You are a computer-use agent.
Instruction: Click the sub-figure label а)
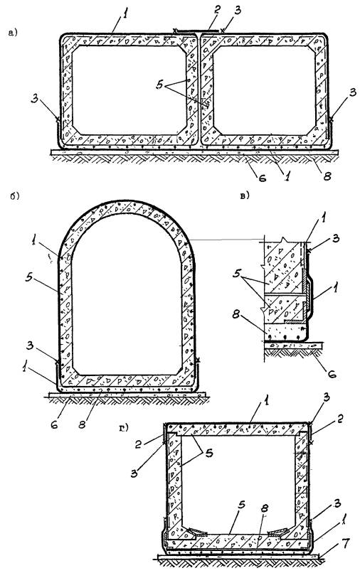pyautogui.click(x=12, y=33)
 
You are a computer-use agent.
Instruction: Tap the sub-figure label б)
pyautogui.click(x=15, y=196)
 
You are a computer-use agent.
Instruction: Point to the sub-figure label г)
pyautogui.click(x=124, y=427)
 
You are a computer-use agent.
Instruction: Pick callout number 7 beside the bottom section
pyautogui.click(x=346, y=543)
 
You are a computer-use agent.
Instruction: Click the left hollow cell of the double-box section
pyautogui.click(x=129, y=90)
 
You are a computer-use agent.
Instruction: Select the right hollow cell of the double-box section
pyautogui.click(x=264, y=90)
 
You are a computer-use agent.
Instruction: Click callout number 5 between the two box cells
pyautogui.click(x=159, y=85)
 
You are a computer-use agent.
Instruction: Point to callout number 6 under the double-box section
pyautogui.click(x=263, y=178)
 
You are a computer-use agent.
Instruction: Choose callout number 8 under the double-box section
pyautogui.click(x=327, y=176)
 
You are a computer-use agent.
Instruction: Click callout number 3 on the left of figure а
pyautogui.click(x=35, y=99)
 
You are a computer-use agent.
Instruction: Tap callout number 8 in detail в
pyautogui.click(x=235, y=315)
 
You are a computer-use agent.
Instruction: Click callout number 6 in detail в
pyautogui.click(x=332, y=374)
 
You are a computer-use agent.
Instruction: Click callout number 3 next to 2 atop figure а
pyautogui.click(x=238, y=10)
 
